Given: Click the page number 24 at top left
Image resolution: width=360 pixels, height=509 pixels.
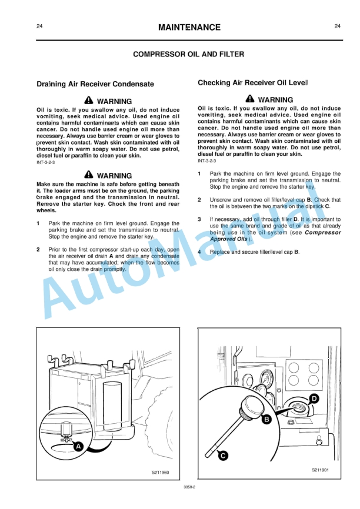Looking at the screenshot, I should coord(39,26).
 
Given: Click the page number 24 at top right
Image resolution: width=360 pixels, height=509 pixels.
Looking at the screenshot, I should coord(337,26).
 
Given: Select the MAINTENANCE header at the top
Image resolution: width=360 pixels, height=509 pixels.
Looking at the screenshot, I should coord(189,27).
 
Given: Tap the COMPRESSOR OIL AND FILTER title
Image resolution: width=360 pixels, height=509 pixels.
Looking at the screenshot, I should coord(188,55).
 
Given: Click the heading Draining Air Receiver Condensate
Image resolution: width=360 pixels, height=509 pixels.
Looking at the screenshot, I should coord(95,84).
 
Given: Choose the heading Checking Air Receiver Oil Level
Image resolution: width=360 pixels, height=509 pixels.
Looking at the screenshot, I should coord(253,83).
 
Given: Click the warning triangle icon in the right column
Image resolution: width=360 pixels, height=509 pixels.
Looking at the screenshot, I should coord(251,99).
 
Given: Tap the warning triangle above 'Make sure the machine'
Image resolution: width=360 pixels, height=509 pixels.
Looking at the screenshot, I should coord(89,175).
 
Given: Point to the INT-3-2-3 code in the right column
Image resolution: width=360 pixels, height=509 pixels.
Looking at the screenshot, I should coord(207,160).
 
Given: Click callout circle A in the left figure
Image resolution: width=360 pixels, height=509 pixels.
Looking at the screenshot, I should coord(78,446).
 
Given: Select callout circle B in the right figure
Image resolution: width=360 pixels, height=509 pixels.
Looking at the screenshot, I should coord(266,419).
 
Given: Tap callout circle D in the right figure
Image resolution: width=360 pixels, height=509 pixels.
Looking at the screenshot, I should coord(315,399).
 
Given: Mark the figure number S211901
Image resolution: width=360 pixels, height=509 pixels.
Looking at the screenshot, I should coord(320,470).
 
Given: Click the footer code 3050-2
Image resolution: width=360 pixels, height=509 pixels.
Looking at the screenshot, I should coord(189,487).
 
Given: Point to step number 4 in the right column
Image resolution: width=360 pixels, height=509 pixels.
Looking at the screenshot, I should coord(200,252).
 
